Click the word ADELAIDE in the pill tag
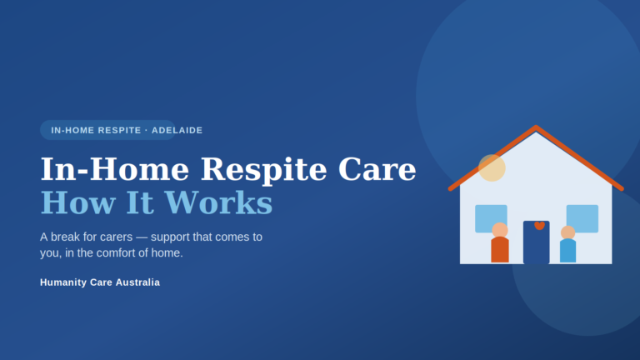(x=177, y=130)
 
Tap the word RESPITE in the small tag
(x=120, y=130)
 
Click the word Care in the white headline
(x=377, y=169)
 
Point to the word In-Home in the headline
(x=115, y=169)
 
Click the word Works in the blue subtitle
(x=218, y=202)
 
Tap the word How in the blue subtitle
(x=78, y=202)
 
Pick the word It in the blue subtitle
(x=140, y=202)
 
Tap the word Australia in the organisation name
(x=137, y=282)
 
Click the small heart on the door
(x=540, y=225)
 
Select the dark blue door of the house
(x=537, y=242)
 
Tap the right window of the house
(x=582, y=218)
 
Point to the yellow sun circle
(x=492, y=167)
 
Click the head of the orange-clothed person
(x=500, y=230)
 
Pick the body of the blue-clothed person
(x=567, y=251)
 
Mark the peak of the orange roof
(x=536, y=127)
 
